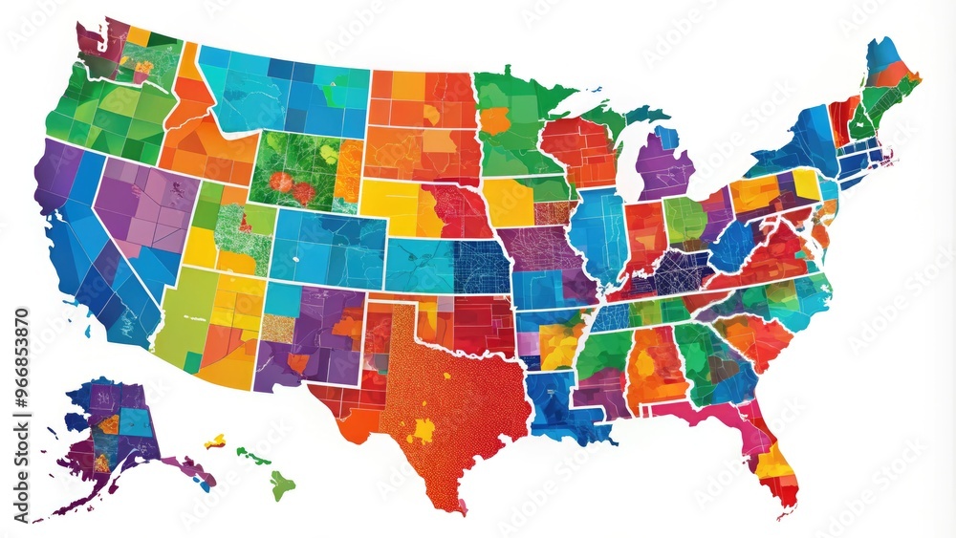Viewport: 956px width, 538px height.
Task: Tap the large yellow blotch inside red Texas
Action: point(422,430)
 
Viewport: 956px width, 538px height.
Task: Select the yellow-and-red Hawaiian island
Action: point(216,441)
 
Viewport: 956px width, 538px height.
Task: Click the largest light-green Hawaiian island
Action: point(281,484)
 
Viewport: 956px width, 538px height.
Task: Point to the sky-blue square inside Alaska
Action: point(137,421)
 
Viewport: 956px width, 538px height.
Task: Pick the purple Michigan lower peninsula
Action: point(663,164)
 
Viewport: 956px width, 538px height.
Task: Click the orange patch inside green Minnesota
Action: point(495,121)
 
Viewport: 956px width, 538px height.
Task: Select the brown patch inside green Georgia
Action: point(723,367)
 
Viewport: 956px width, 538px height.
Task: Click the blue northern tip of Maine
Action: point(880,51)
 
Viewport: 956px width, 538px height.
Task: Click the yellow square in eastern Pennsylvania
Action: point(806,183)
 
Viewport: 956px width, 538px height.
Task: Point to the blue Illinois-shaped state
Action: point(598,234)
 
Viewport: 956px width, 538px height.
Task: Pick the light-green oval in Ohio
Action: point(684,218)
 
